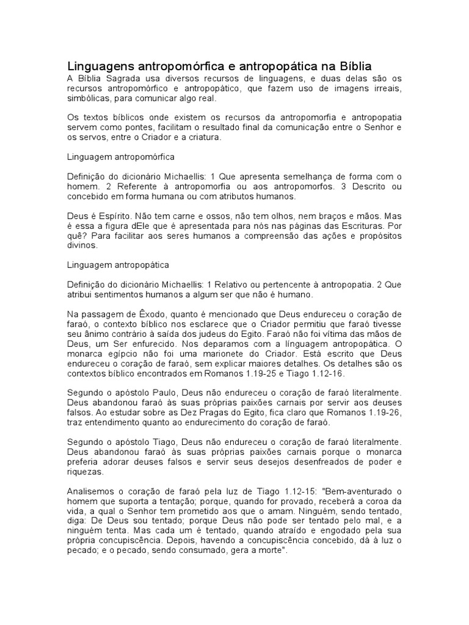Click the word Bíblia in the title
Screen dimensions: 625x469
click(350, 66)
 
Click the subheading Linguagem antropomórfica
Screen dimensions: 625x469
click(121, 157)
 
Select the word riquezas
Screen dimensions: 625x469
click(85, 472)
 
